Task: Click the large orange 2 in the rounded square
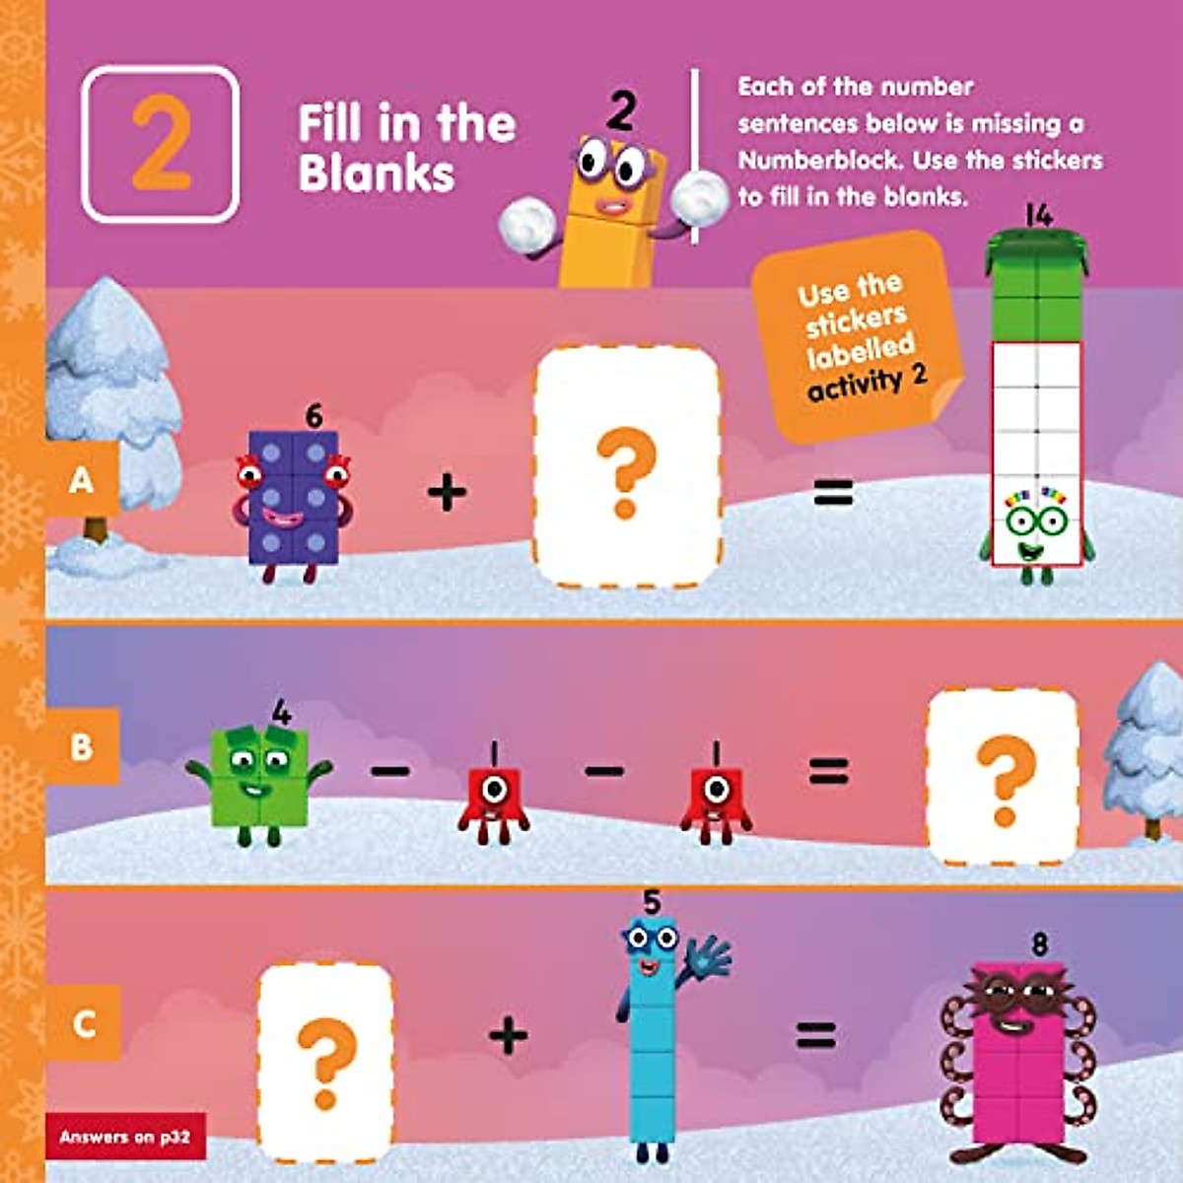[161, 144]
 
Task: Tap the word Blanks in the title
[377, 174]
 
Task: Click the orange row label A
[82, 480]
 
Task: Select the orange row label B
[82, 746]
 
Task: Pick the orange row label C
[84, 1024]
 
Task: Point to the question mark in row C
[324, 1063]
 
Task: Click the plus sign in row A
[447, 492]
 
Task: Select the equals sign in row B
[828, 770]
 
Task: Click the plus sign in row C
[508, 1035]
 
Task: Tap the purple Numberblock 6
[293, 498]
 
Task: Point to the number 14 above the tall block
[1038, 215]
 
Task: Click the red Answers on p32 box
[125, 1137]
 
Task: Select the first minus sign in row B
[390, 769]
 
